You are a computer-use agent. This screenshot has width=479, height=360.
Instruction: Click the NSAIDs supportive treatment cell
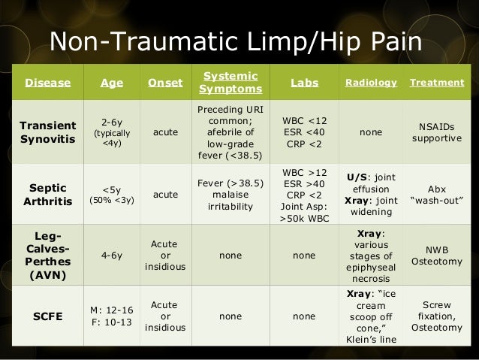(x=436, y=132)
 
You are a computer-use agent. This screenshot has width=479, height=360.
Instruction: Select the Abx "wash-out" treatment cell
(x=436, y=194)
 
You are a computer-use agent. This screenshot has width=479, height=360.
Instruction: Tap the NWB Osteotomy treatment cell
(x=436, y=255)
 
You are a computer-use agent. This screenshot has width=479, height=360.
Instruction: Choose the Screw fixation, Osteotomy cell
(x=436, y=316)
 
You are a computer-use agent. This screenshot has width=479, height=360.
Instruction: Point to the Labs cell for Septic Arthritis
(x=304, y=194)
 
